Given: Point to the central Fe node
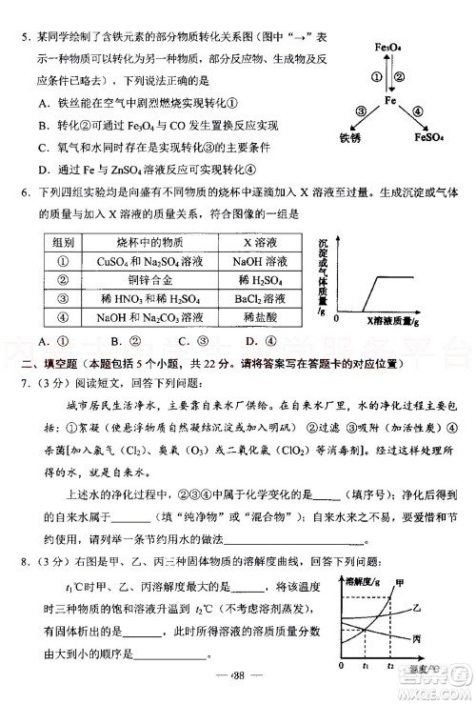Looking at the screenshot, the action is tap(389, 99).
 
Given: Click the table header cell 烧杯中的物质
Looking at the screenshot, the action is tap(146, 242).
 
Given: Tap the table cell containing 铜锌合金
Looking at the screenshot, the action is tap(147, 279).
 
